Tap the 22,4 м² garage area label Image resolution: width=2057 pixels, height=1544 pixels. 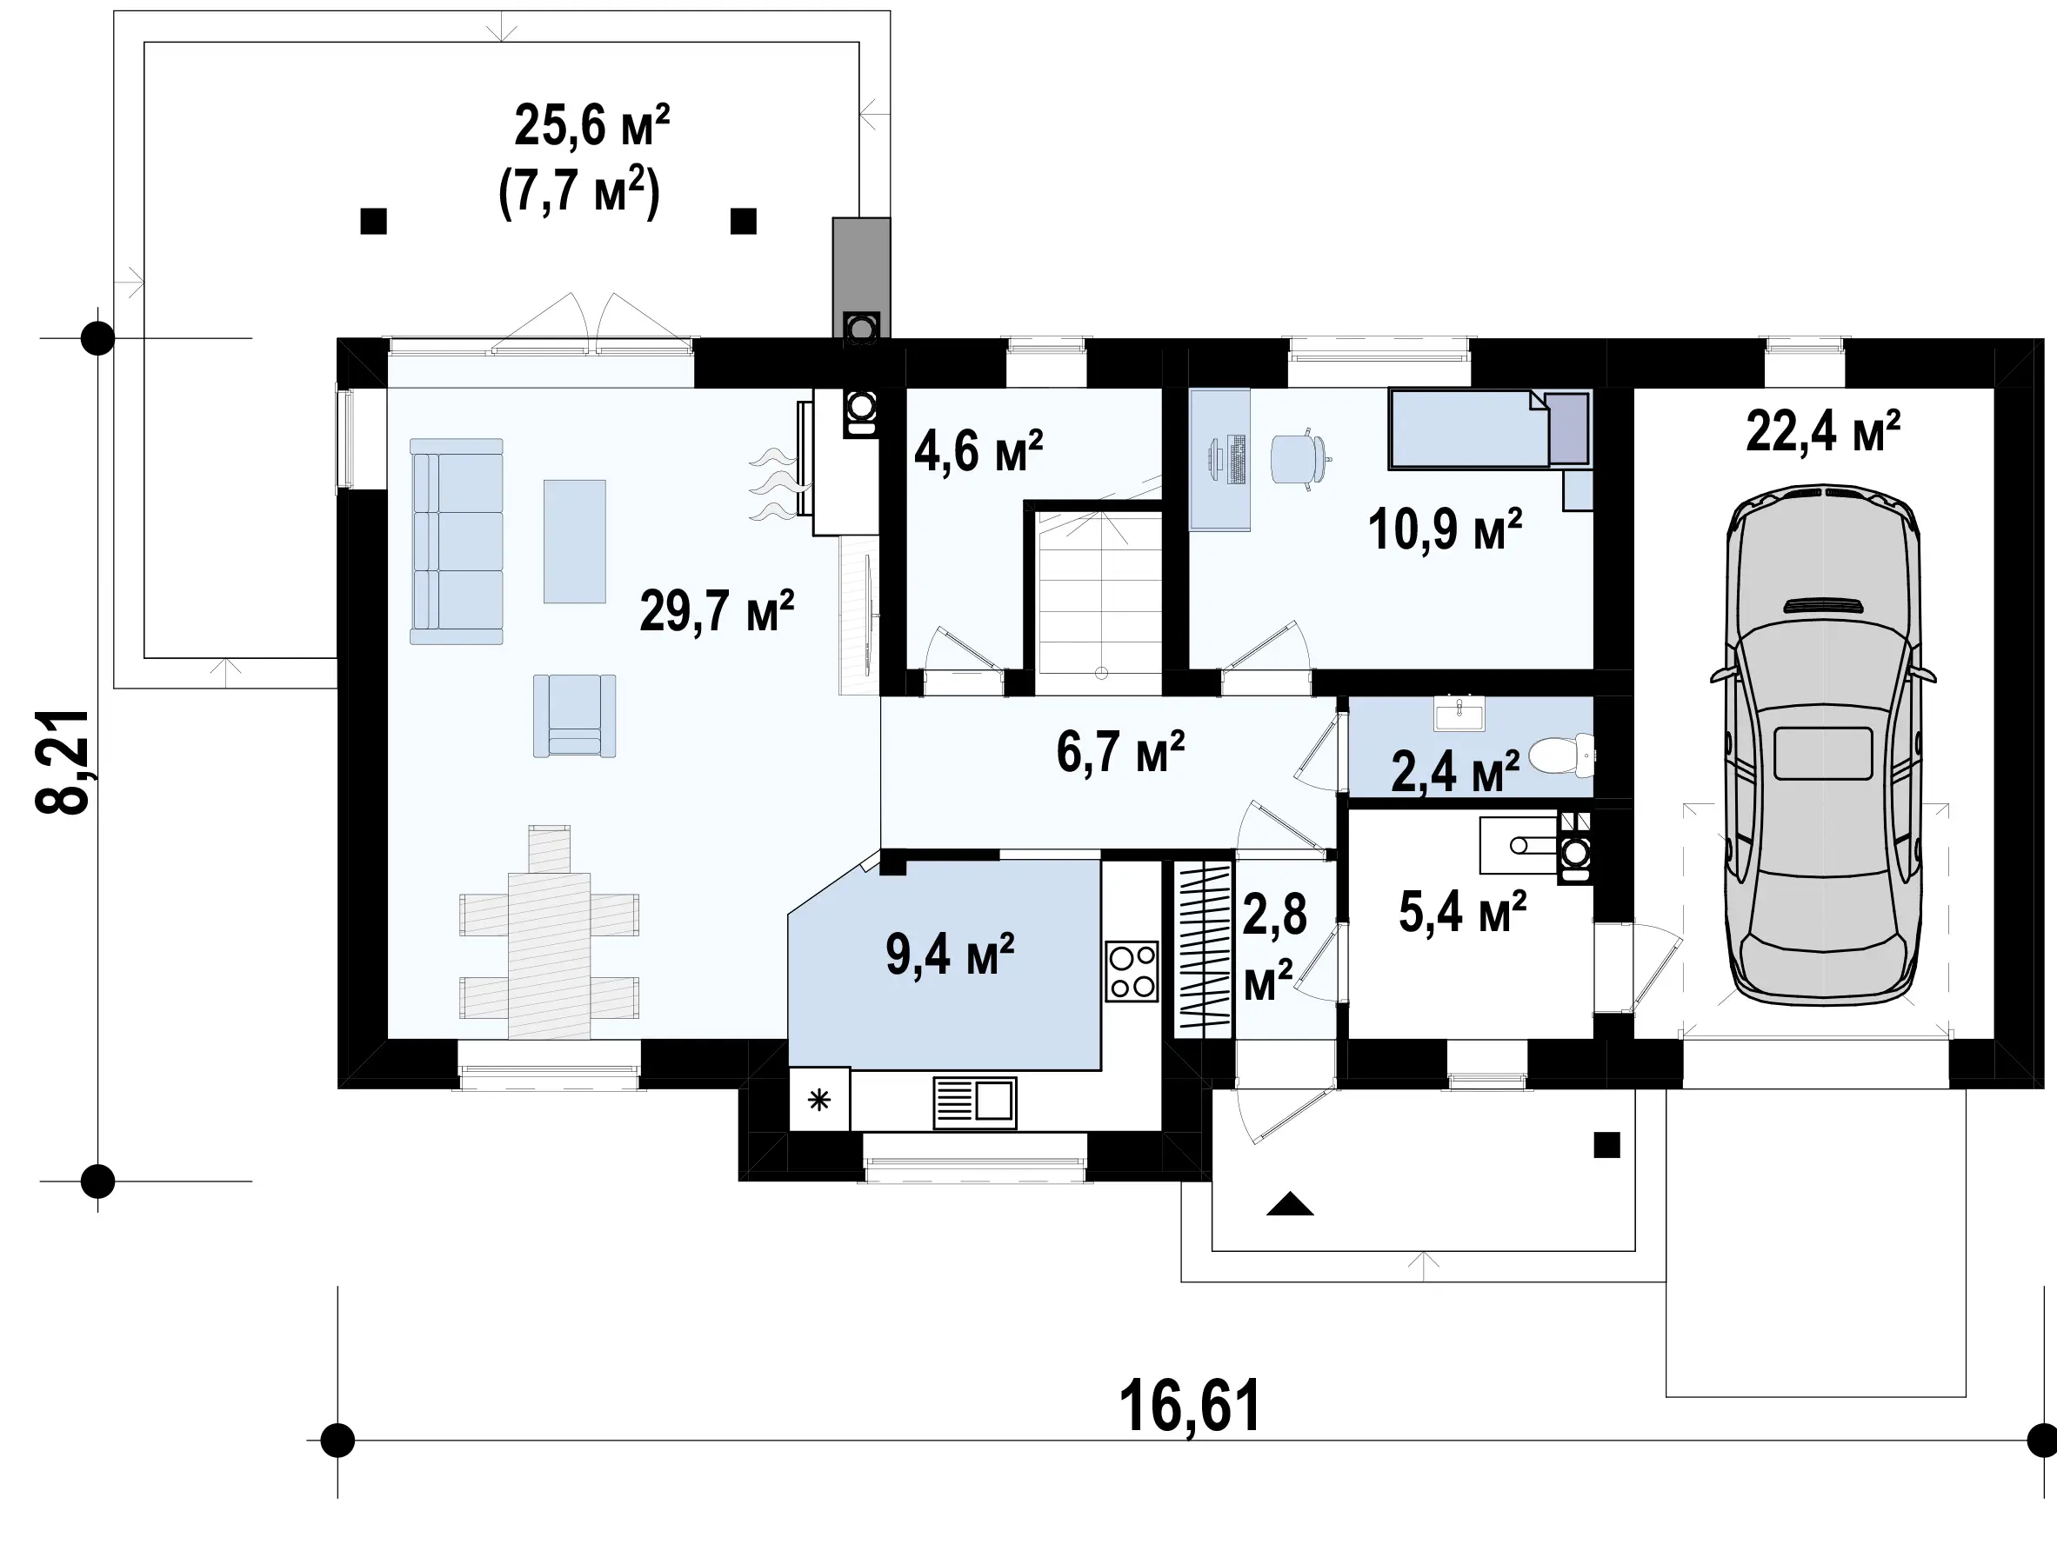click(1824, 431)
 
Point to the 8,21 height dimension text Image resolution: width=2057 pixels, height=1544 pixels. click(63, 762)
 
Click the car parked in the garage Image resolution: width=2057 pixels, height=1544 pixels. click(1824, 744)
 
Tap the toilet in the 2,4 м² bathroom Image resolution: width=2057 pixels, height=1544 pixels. click(1561, 755)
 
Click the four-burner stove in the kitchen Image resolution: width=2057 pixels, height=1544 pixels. click(1132, 971)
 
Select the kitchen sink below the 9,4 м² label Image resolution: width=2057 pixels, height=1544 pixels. click(973, 1102)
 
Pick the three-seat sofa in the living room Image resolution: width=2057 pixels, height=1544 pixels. click(457, 542)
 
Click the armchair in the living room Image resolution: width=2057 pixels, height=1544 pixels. click(575, 715)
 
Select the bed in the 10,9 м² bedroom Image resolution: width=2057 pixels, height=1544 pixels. click(1489, 429)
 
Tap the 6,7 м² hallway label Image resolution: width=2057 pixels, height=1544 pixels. click(1120, 752)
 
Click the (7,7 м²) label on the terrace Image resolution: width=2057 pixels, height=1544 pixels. click(579, 192)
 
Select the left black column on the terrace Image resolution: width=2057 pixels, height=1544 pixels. click(373, 221)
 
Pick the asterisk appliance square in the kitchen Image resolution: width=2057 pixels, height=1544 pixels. click(819, 1100)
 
